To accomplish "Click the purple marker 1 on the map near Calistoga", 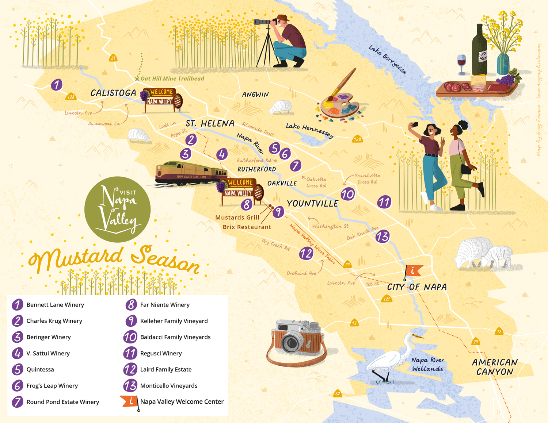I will click(x=56, y=85).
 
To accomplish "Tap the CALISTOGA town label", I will click(x=113, y=93).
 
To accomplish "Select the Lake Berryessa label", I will click(x=387, y=59).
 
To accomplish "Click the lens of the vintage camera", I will click(x=291, y=342).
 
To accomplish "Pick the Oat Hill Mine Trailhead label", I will click(x=172, y=78).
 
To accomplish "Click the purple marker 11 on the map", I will click(x=384, y=202).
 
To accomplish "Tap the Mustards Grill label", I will click(x=237, y=218).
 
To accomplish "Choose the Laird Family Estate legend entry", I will click(x=165, y=369).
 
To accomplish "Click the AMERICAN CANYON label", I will click(x=495, y=367).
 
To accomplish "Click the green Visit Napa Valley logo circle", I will click(x=117, y=209).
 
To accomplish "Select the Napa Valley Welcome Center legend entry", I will click(x=182, y=401).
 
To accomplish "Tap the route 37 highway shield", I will click(x=338, y=394).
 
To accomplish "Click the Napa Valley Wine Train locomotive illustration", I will click(x=172, y=173).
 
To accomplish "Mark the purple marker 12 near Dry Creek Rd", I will click(x=306, y=253).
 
